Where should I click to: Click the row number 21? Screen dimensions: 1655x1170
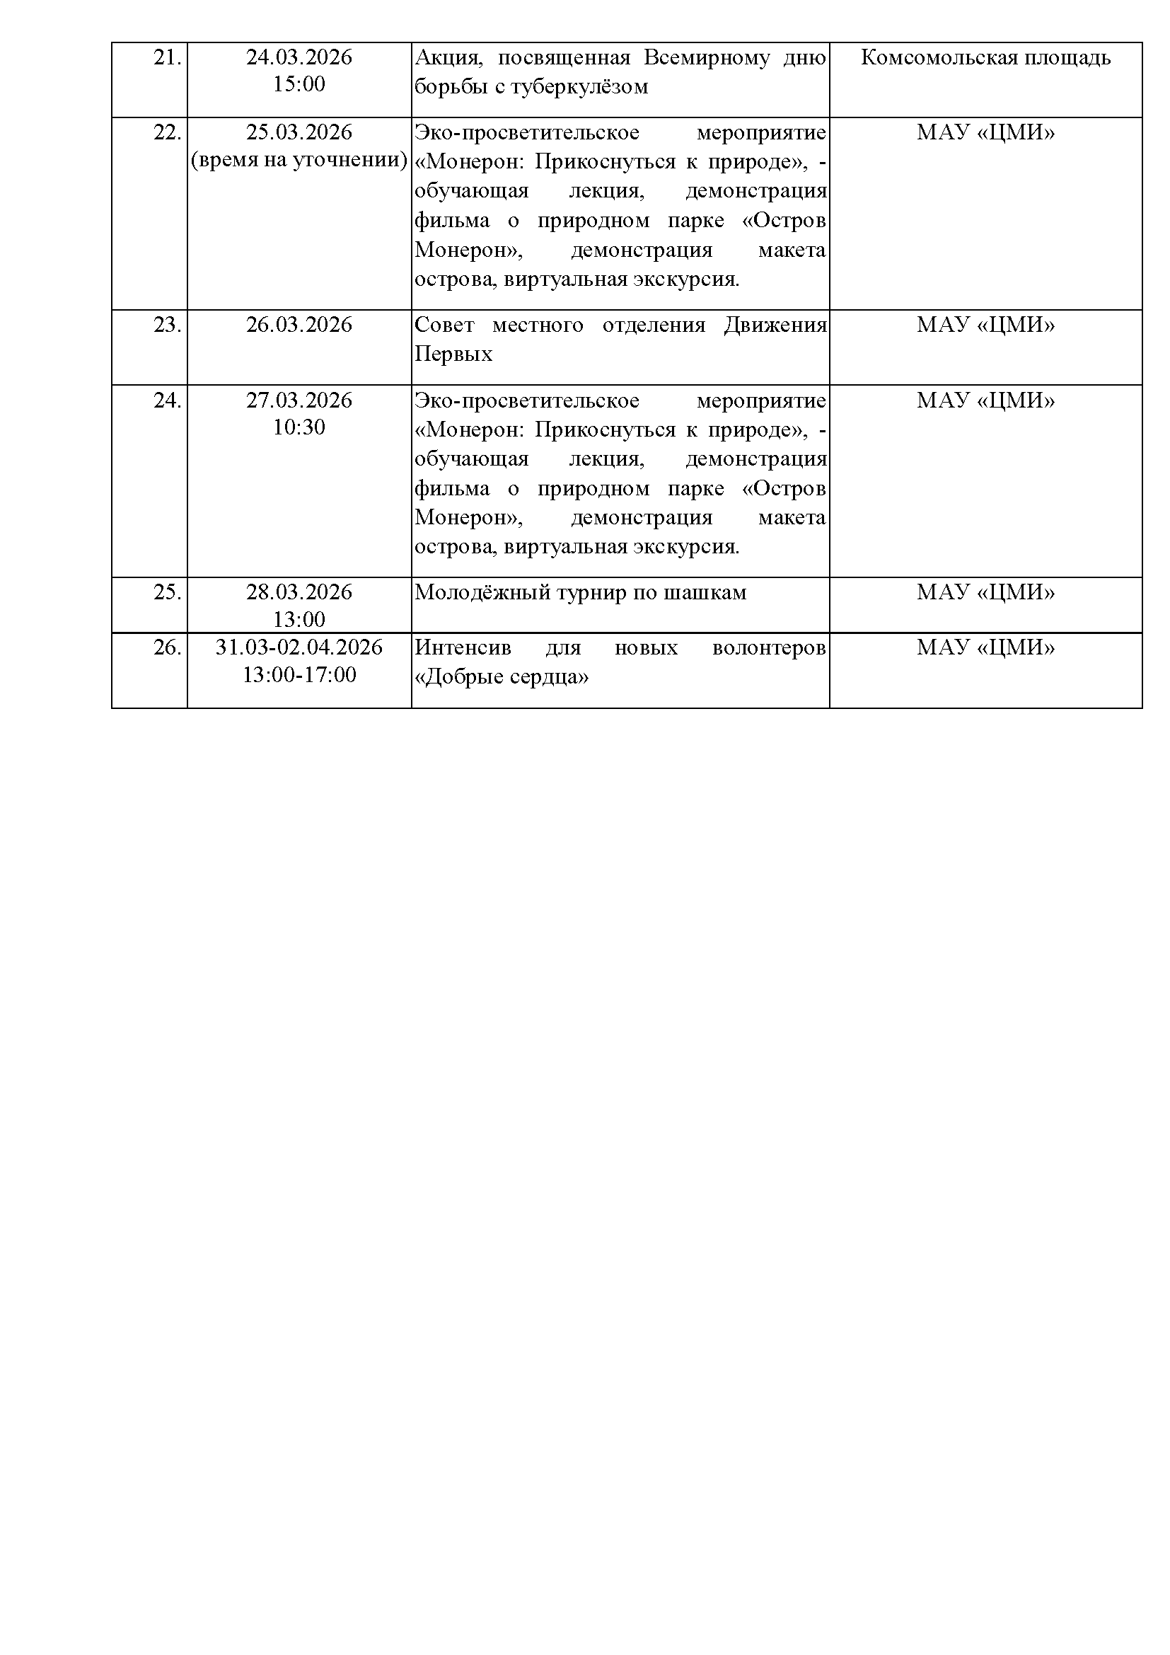[166, 57]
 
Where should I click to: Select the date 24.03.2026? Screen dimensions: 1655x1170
[299, 57]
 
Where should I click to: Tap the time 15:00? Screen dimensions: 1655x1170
[299, 84]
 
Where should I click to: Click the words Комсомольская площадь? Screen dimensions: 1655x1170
[985, 57]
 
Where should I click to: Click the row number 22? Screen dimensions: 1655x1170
[166, 132]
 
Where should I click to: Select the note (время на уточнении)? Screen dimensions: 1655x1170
[299, 160]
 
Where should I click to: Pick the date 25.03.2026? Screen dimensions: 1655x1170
[299, 132]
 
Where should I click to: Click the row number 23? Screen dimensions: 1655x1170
[166, 325]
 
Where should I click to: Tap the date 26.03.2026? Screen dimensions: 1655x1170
[299, 325]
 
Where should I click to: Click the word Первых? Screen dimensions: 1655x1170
[453, 354]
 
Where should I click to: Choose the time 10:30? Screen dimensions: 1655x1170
[299, 427]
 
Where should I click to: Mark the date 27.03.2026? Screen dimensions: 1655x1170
[299, 400]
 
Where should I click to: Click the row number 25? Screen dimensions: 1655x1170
[166, 592]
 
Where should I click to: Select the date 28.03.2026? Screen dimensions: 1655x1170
[299, 592]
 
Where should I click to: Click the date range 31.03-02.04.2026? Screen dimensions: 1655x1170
[299, 647]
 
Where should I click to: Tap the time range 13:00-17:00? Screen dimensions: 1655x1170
[299, 676]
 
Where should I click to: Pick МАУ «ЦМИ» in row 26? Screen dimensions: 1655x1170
[985, 648]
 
